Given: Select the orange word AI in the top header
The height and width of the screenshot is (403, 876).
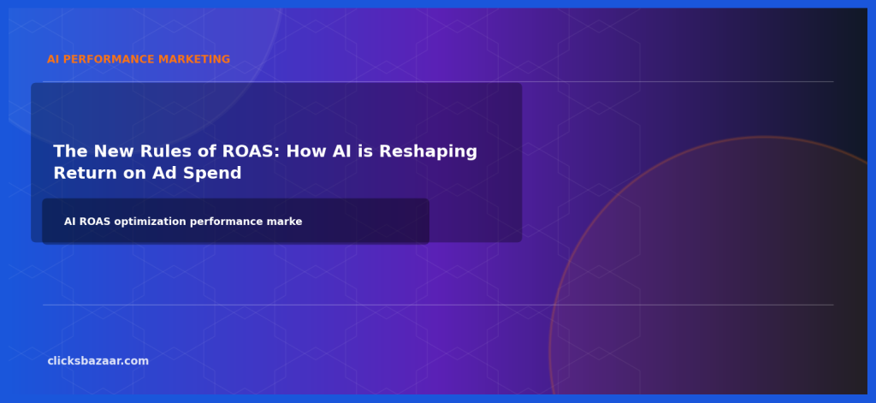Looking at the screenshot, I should click(x=53, y=60).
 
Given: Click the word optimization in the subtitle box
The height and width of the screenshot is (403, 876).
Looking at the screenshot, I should click(x=150, y=222).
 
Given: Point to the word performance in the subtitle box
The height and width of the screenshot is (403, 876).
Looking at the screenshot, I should click(x=225, y=222).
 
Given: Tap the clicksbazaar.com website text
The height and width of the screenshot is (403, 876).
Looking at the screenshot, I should click(x=98, y=361).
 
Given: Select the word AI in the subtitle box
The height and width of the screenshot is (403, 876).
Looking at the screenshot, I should click(x=70, y=222).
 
